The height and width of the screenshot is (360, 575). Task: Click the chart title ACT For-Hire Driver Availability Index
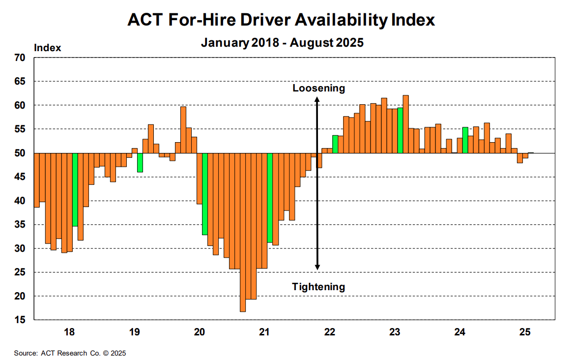pos(281,20)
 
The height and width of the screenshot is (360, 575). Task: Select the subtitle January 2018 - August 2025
pos(282,42)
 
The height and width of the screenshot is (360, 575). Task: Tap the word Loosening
pos(318,89)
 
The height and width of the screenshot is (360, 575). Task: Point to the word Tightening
pos(318,287)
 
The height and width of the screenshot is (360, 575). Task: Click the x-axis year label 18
pos(69,332)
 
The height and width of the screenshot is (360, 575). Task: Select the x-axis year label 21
pos(264,332)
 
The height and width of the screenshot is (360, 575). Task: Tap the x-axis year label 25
pos(525,332)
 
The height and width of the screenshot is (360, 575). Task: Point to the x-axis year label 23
pos(395,332)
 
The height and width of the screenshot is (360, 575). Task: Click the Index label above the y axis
pos(47,48)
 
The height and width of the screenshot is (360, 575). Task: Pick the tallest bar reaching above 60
pos(405,124)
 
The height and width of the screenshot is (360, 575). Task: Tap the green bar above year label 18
pos(75,189)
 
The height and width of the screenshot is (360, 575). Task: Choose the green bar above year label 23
pos(400,130)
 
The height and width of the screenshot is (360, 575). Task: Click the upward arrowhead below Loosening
pos(317,99)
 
